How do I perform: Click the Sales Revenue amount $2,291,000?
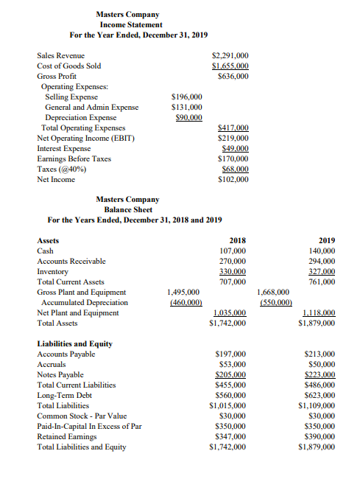[230, 55]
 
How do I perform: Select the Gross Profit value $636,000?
[233, 76]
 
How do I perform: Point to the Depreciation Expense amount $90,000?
[188, 117]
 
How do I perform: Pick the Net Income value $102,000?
[233, 179]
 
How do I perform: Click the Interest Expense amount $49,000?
[235, 148]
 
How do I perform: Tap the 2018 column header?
[237, 240]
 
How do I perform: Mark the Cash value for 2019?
[320, 251]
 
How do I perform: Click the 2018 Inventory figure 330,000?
[233, 271]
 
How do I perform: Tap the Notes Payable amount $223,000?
[319, 374]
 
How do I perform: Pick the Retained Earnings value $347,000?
[230, 436]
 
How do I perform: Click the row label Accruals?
[52, 364]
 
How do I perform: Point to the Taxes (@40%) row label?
[62, 169]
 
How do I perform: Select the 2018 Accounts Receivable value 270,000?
[233, 261]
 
